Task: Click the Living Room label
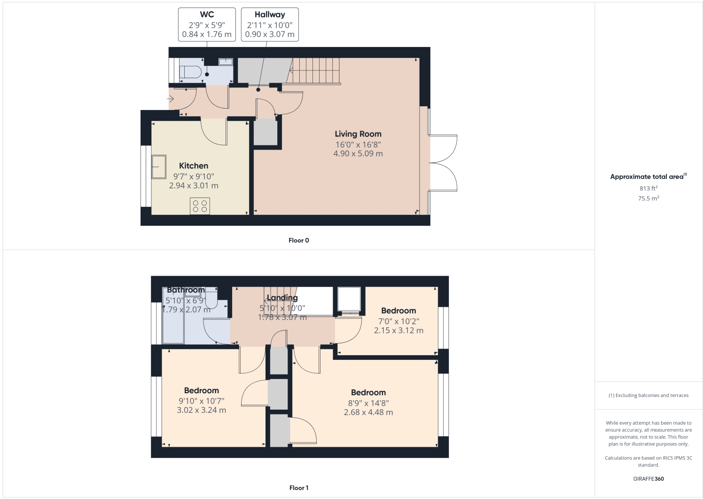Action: pos(358,134)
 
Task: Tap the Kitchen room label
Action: pos(193,166)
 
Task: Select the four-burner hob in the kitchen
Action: pos(200,206)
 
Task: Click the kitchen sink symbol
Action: pos(158,167)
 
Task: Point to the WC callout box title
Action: pos(207,15)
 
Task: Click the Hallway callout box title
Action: pos(270,15)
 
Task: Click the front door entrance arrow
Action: pos(170,99)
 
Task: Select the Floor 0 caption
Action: pos(298,240)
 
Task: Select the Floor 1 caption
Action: pos(298,488)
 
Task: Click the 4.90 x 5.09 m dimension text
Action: pos(358,154)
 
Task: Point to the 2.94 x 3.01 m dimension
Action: pos(193,186)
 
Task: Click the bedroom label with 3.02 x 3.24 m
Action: pos(201,390)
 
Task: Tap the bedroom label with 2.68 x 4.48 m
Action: pos(368,392)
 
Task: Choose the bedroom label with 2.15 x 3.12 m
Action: pos(398,310)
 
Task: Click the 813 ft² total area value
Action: pos(648,188)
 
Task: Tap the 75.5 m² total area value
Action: pos(648,198)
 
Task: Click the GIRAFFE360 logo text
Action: pos(648,479)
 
